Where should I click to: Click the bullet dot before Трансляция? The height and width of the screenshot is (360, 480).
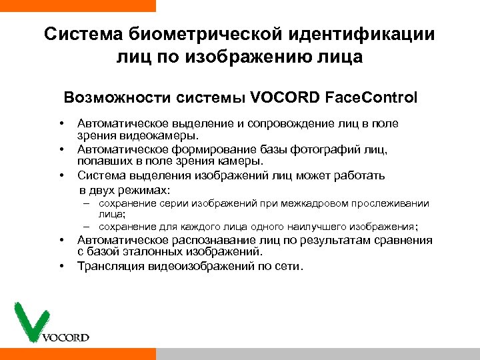[61, 267]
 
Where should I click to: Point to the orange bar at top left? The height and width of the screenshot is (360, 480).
[77, 5]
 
